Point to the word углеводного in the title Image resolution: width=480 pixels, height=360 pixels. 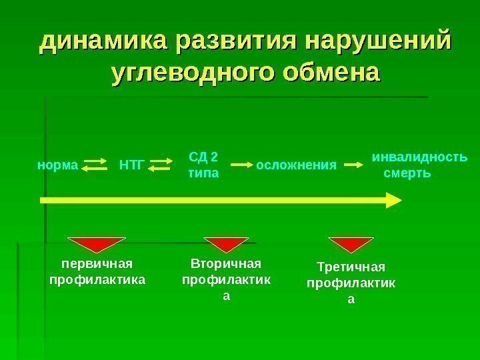click(188, 71)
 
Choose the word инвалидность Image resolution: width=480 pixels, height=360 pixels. click(419, 158)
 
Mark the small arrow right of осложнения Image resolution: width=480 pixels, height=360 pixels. click(353, 164)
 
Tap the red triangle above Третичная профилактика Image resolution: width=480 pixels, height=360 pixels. click(351, 244)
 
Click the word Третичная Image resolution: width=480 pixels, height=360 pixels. click(351, 268)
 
